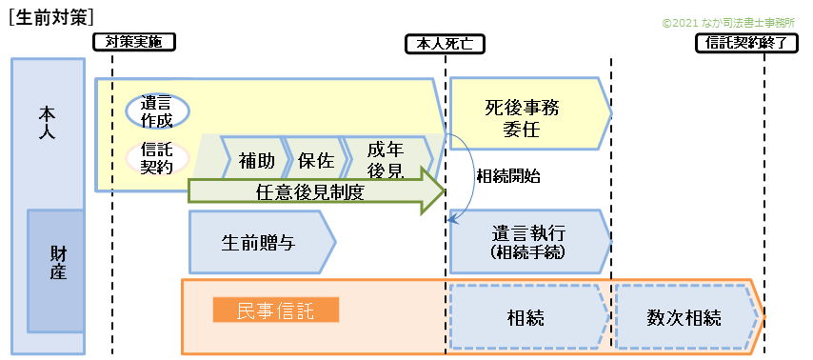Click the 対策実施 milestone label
134,42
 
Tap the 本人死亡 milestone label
446,43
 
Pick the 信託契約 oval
157,157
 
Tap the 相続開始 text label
508,176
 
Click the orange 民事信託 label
276,310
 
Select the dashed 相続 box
525,317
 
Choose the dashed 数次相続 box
685,317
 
